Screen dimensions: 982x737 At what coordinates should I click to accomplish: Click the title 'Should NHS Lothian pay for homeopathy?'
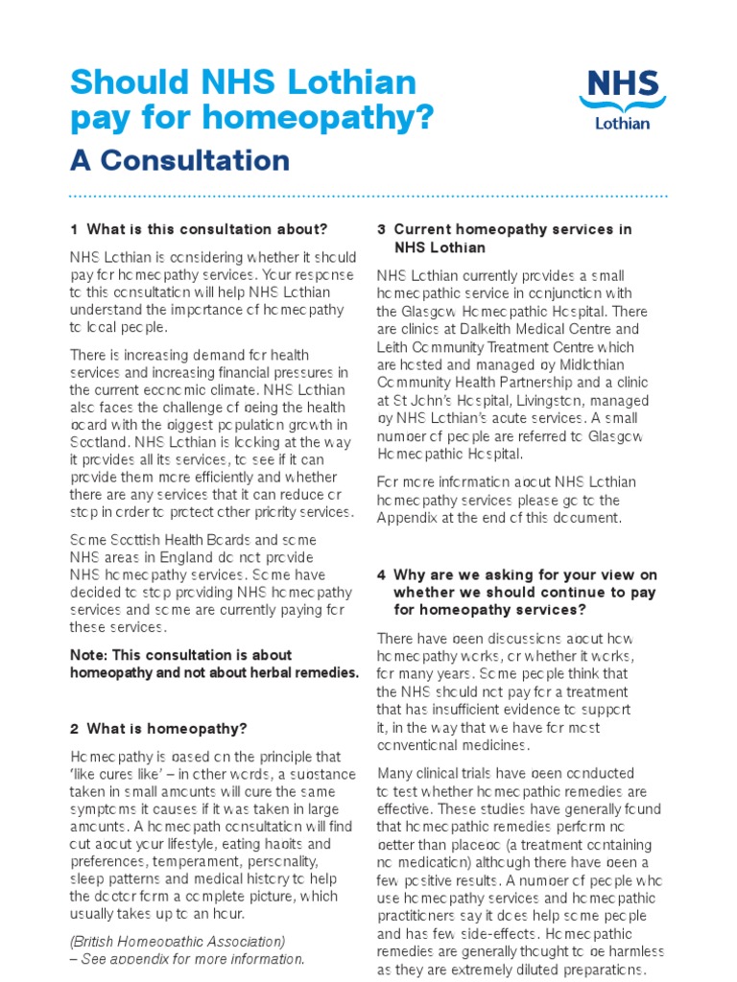click(251, 100)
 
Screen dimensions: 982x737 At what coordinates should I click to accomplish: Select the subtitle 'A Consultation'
click(179, 159)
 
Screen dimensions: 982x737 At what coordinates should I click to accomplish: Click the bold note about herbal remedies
click(214, 664)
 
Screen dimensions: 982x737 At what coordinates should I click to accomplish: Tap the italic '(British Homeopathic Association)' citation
click(178, 941)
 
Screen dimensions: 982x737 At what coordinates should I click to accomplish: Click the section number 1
click(74, 229)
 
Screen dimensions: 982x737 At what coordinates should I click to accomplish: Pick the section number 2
click(74, 728)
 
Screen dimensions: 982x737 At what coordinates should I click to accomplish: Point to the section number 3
click(381, 229)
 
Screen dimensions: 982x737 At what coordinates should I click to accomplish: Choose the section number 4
click(381, 574)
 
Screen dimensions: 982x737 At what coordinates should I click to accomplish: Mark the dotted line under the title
click(368, 196)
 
